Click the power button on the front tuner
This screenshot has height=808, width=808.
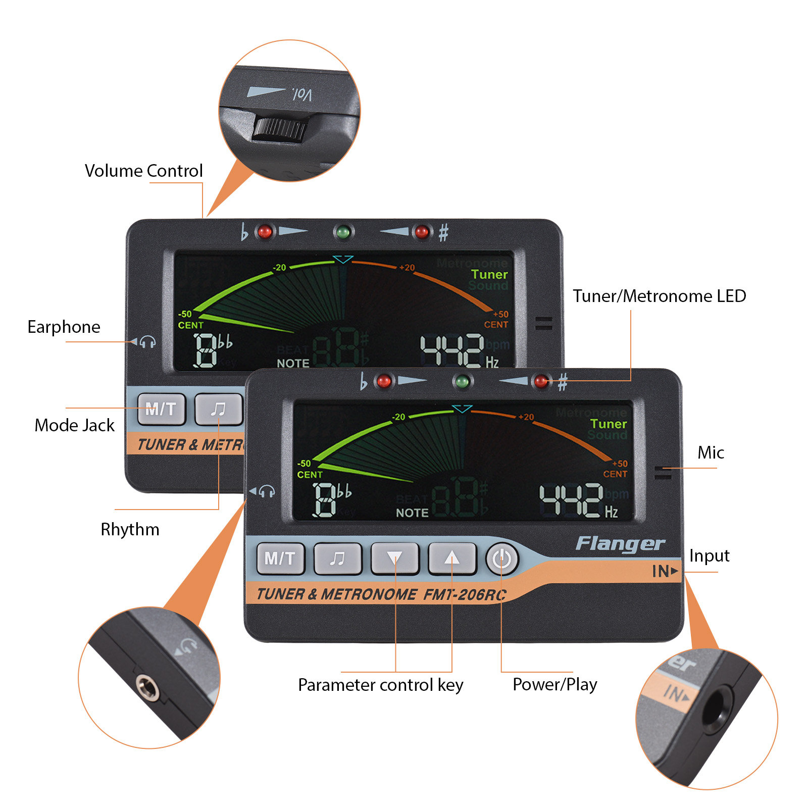point(501,559)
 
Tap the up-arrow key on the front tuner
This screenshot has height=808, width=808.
point(452,559)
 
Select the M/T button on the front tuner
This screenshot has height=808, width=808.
point(280,559)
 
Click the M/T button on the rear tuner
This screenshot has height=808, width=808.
point(161,409)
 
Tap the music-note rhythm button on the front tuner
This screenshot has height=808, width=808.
point(337,559)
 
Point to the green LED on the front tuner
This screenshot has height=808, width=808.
point(462,381)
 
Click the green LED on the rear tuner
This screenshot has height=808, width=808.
point(343,232)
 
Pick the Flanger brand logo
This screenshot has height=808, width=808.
point(620,543)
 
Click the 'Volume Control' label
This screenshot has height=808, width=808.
point(143,171)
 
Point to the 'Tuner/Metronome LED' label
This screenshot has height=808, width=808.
point(659,296)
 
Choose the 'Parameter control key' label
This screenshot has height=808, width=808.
point(380,685)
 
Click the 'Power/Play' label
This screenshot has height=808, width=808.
point(554,684)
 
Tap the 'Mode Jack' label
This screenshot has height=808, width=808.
point(74,425)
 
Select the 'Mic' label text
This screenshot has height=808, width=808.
point(711,452)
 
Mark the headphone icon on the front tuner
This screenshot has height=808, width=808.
point(267,491)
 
